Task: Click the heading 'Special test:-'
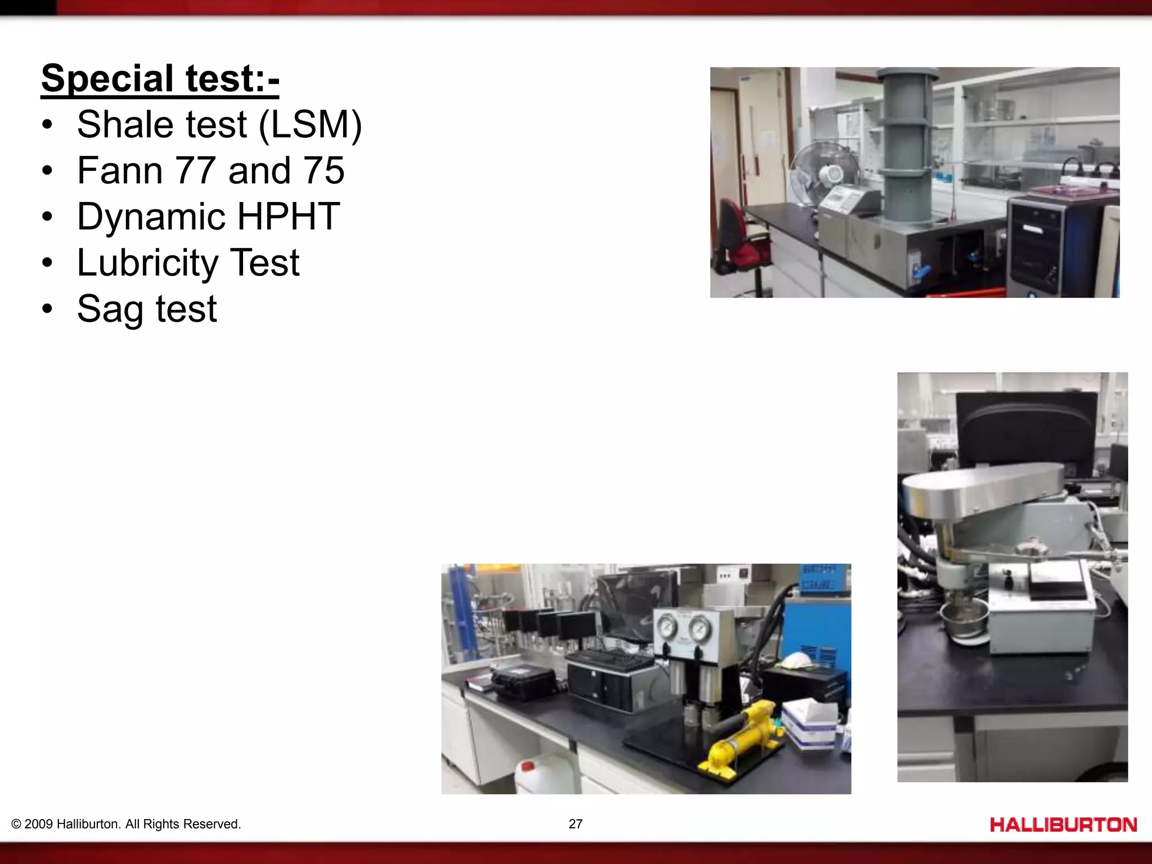(160, 79)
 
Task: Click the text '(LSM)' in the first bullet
(310, 125)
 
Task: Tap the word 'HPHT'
(288, 217)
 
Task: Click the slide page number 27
(575, 824)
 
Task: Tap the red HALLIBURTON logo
(1063, 825)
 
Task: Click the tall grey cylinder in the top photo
(907, 146)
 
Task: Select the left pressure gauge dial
(668, 628)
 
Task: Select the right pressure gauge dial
(700, 629)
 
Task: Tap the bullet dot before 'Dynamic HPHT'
(48, 217)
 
